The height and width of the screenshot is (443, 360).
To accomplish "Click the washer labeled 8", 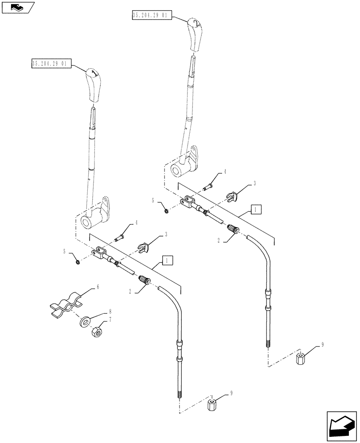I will coord(85,321).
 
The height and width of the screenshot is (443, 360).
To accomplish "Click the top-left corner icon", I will coord(18,7).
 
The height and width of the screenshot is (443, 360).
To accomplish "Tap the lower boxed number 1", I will coord(167,260).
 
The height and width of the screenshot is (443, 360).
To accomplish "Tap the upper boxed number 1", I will coord(256,209).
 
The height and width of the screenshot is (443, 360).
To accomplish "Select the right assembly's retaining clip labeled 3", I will coord(231,196).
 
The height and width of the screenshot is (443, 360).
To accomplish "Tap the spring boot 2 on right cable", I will coord(231,229).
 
